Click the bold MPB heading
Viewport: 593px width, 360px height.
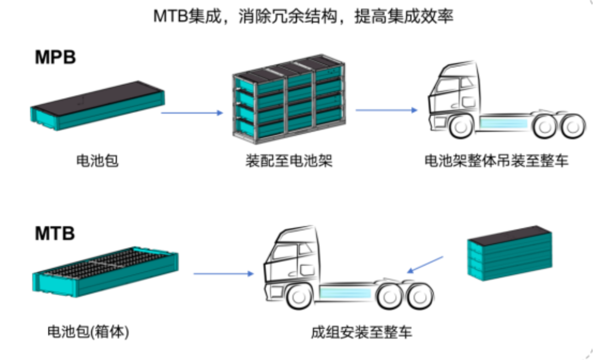click(x=55, y=57)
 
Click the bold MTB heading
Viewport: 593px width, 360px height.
click(x=55, y=233)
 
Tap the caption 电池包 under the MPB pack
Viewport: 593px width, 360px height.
click(x=97, y=160)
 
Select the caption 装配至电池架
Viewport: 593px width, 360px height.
click(x=289, y=160)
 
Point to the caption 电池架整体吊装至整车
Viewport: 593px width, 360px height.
click(x=497, y=160)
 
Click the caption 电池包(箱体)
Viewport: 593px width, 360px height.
click(x=88, y=332)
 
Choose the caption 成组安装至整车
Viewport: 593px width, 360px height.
click(x=361, y=332)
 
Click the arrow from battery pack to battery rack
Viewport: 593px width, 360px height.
click(x=192, y=113)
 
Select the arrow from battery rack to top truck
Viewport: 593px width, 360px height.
click(x=386, y=110)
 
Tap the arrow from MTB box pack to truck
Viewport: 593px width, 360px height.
click(x=224, y=274)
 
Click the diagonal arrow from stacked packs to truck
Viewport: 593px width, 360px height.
click(x=425, y=265)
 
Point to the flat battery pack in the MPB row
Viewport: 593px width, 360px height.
click(x=97, y=106)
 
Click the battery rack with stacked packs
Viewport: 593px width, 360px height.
click(x=289, y=99)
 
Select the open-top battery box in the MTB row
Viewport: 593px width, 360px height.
click(x=105, y=272)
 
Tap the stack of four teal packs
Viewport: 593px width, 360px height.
click(x=510, y=253)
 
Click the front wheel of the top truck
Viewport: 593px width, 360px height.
click(x=460, y=127)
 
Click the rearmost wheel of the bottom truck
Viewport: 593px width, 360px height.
click(x=420, y=297)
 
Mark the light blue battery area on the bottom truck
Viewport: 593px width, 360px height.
click(x=345, y=293)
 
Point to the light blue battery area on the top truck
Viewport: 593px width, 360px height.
click(x=503, y=123)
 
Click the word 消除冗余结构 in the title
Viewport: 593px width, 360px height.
click(x=288, y=16)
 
